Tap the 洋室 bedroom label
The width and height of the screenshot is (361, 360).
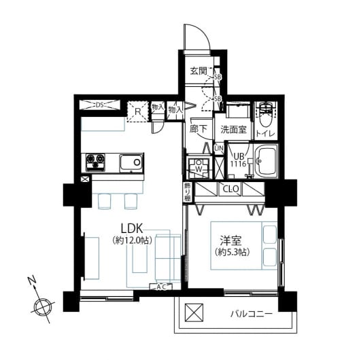233,240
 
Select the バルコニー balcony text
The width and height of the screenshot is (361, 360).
251,314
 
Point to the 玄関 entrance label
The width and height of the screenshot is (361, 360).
199,71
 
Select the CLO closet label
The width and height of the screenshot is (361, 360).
230,190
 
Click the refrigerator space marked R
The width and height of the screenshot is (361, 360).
137,111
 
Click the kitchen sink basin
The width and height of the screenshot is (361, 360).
131,162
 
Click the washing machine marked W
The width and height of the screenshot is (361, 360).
199,166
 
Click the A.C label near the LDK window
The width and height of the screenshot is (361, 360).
162,287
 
